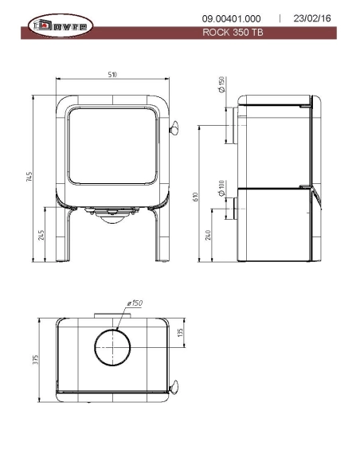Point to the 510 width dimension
[x=112, y=74]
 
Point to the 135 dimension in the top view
[x=182, y=331]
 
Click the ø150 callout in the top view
[x=135, y=303]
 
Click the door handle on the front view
[x=174, y=127]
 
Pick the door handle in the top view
[x=174, y=389]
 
